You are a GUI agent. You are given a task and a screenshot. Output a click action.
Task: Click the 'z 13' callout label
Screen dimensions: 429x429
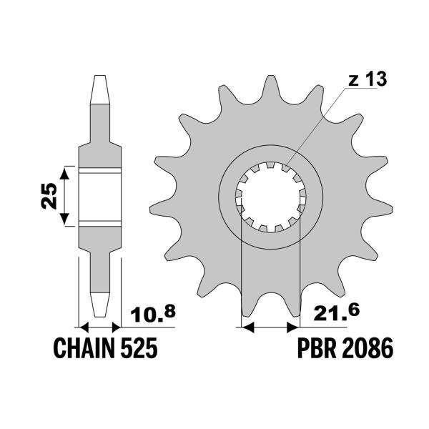pos(368,80)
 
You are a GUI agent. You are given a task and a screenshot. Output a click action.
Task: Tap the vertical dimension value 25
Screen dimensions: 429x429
pos(49,194)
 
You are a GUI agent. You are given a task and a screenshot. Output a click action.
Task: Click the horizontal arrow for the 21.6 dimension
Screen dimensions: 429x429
pos(270,327)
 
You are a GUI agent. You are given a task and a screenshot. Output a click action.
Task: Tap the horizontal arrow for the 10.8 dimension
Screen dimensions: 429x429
pos(100,327)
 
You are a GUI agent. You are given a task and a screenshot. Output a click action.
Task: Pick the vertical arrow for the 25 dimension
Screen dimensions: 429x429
pos(66,195)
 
